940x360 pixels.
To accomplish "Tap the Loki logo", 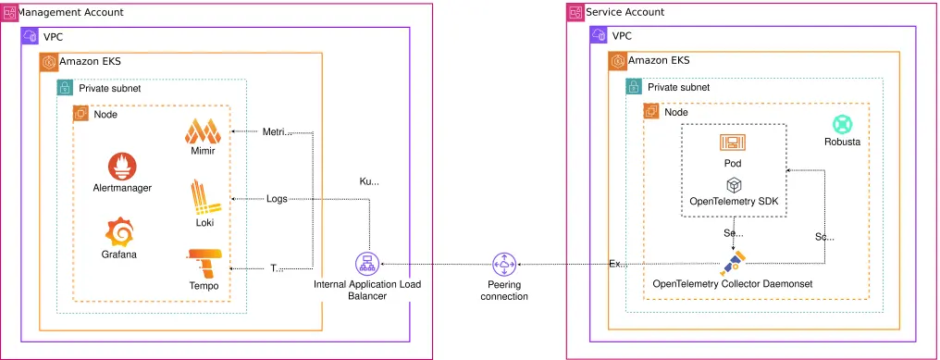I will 204,198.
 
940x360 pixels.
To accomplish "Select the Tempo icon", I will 204,263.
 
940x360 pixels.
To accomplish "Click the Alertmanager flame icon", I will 122,167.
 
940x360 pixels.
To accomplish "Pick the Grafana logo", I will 119,232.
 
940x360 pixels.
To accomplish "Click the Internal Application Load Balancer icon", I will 367,264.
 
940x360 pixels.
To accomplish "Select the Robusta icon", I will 842,125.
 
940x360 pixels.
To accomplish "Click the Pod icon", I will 733,143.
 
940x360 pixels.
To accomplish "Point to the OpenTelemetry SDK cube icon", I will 733,185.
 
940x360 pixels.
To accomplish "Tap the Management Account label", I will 71,12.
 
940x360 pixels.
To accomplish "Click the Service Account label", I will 625,12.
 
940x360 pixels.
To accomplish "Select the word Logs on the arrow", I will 277,198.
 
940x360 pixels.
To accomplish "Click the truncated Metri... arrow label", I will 277,131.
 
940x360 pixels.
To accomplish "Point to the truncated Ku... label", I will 369,181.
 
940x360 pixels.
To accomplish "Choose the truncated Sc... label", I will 824,237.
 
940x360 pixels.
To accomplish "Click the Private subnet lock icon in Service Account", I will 634,87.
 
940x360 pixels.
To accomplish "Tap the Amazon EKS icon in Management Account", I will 49,61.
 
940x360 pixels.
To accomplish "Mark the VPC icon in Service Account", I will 600,36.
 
